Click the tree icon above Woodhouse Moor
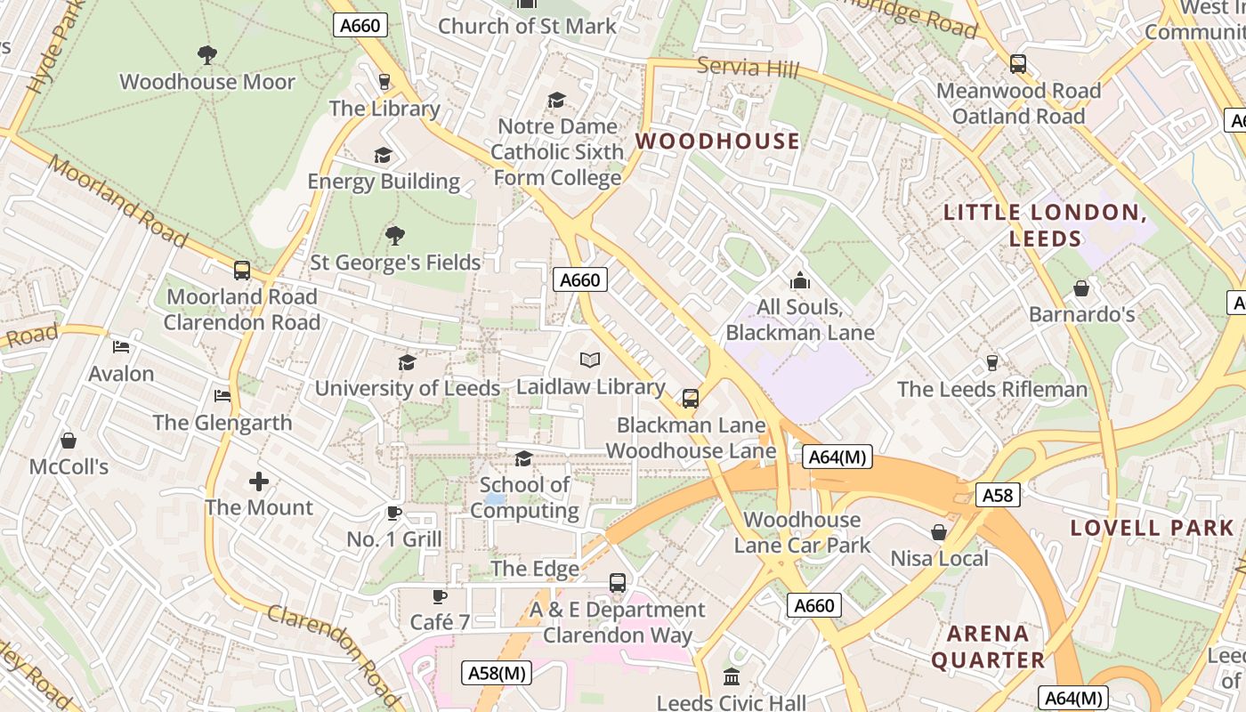207,55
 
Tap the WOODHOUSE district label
717,141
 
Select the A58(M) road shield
498,673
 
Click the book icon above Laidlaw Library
590,360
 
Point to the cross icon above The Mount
259,481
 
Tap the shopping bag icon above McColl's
69,441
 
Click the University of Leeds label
408,388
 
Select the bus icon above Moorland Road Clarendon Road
242,271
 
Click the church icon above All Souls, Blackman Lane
800,281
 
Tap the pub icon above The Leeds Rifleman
992,362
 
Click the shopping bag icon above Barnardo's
1081,288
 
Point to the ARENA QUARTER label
988,647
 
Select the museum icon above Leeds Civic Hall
732,676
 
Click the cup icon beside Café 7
439,596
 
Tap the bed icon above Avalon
122,347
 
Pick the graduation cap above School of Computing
524,458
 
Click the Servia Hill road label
748,68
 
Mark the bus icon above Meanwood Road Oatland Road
1018,64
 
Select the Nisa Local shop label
940,558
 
